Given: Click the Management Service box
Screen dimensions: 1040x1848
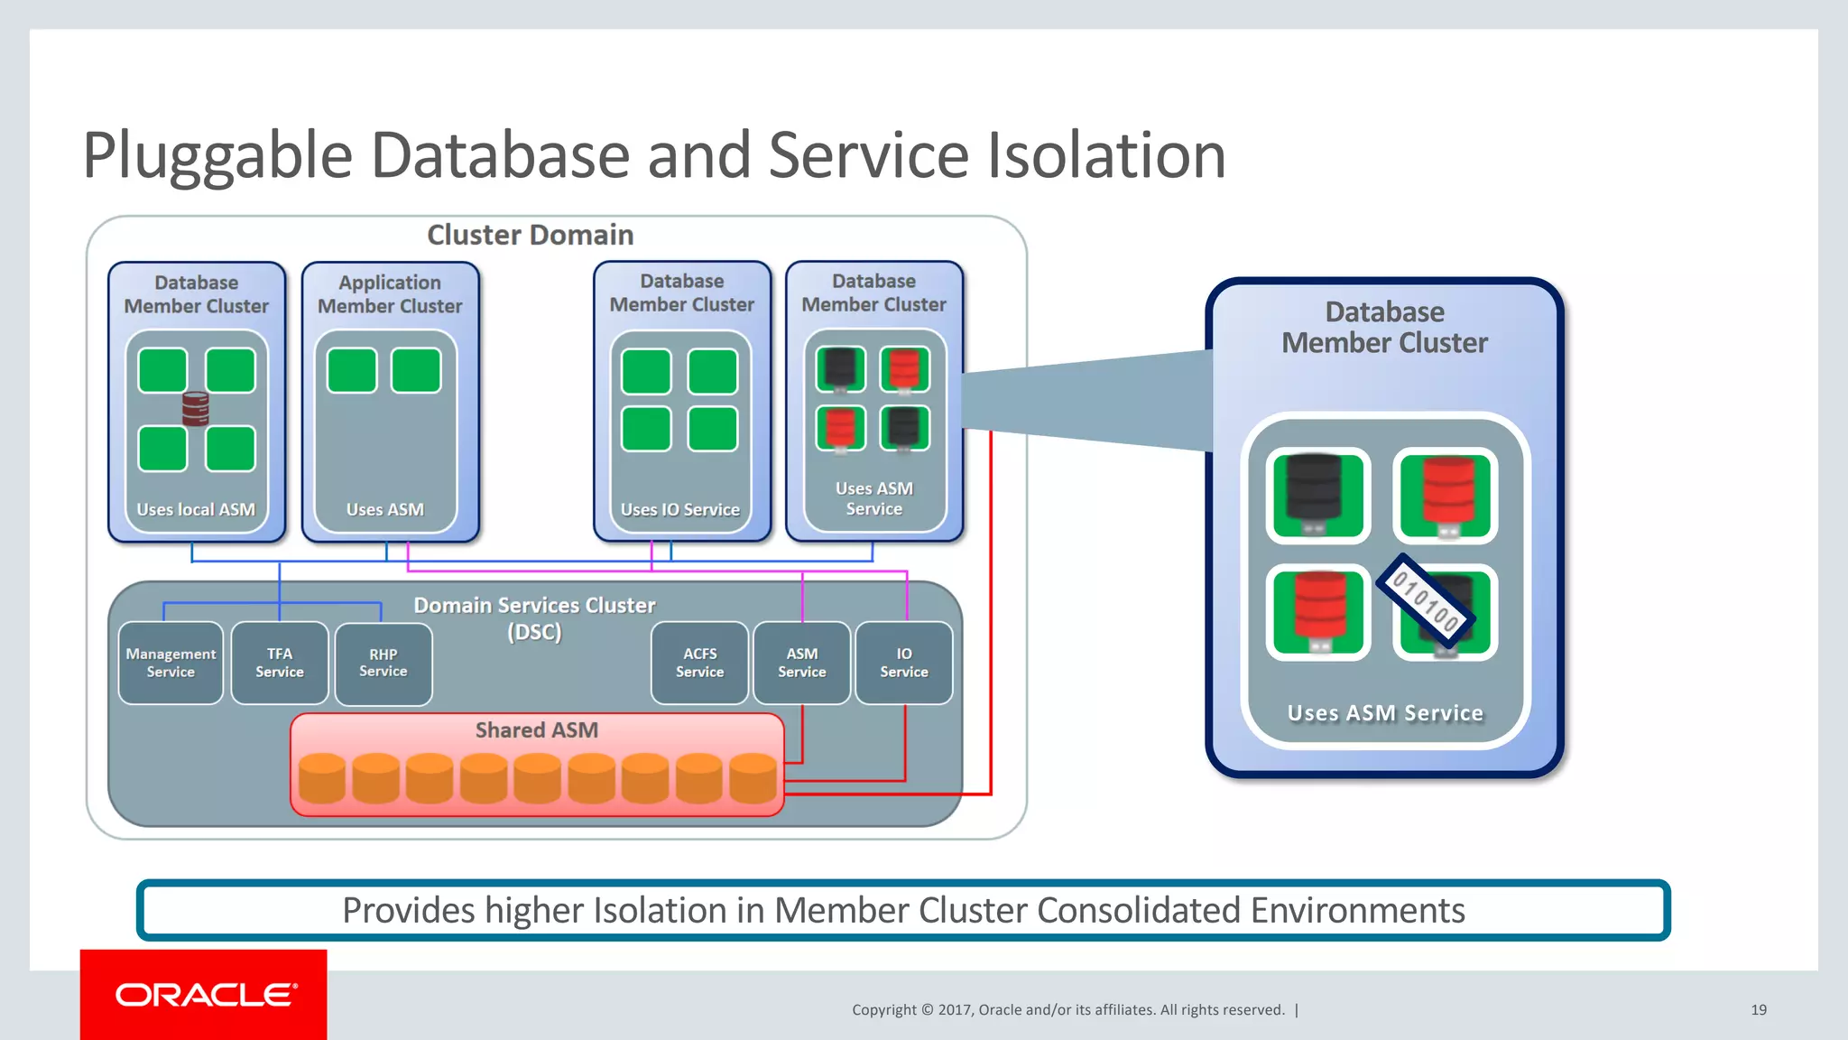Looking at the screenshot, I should click(171, 663).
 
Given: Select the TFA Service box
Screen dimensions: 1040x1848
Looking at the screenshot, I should click(280, 663).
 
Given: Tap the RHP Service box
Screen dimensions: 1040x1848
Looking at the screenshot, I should click(383, 663).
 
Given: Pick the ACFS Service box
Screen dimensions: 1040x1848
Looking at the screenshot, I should click(699, 663).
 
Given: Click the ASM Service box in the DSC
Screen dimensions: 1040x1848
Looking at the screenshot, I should click(801, 663).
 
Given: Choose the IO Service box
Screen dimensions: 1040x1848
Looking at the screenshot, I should click(903, 663).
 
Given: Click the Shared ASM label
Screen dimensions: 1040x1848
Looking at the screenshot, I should click(536, 729).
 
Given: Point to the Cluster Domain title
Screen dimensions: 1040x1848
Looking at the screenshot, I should click(530, 235).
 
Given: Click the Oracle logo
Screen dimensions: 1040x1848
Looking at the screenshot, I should click(204, 995).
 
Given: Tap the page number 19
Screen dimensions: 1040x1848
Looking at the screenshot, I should click(1758, 1009).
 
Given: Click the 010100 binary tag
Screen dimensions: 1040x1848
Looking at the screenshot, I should click(1426, 599).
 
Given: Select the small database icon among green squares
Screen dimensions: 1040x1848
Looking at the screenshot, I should click(196, 409).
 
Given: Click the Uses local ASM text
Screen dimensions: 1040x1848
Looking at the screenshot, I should click(196, 509).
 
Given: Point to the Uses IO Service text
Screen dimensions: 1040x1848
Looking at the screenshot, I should click(679, 509).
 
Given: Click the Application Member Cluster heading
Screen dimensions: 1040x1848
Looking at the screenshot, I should click(390, 294).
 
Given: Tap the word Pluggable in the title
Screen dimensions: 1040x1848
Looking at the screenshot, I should click(217, 155).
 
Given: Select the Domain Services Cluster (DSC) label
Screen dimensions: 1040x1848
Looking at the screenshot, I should click(534, 617).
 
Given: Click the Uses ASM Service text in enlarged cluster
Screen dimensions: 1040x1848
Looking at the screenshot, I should click(1384, 713).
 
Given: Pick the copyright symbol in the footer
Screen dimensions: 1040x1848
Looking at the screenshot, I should click(927, 1009).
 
